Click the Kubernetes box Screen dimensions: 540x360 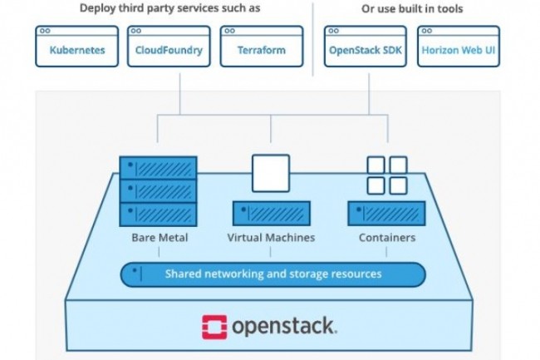click(x=76, y=47)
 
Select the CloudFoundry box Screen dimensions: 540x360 click(x=169, y=47)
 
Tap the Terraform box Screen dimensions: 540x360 click(x=262, y=47)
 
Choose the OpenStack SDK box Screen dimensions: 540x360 click(x=366, y=47)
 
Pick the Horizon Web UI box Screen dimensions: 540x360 click(x=459, y=47)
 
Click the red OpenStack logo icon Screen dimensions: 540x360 click(x=214, y=327)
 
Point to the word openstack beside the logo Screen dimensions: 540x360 click(x=284, y=327)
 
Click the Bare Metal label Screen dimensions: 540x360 click(x=160, y=237)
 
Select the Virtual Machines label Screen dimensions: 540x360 click(x=271, y=237)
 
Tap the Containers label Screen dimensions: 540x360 click(x=387, y=237)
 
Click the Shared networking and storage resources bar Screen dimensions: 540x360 click(x=273, y=274)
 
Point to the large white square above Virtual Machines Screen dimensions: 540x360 click(x=271, y=173)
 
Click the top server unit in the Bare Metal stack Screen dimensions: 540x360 click(x=158, y=168)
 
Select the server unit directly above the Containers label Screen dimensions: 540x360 click(x=386, y=214)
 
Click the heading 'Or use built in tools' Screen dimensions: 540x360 click(x=412, y=8)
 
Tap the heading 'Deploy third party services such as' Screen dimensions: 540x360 click(x=169, y=8)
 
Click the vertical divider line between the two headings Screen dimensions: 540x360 click(x=312, y=39)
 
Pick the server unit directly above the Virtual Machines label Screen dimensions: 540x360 click(x=272, y=214)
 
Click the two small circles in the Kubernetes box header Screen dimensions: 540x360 click(x=45, y=31)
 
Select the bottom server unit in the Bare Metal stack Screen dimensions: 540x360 click(x=158, y=215)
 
